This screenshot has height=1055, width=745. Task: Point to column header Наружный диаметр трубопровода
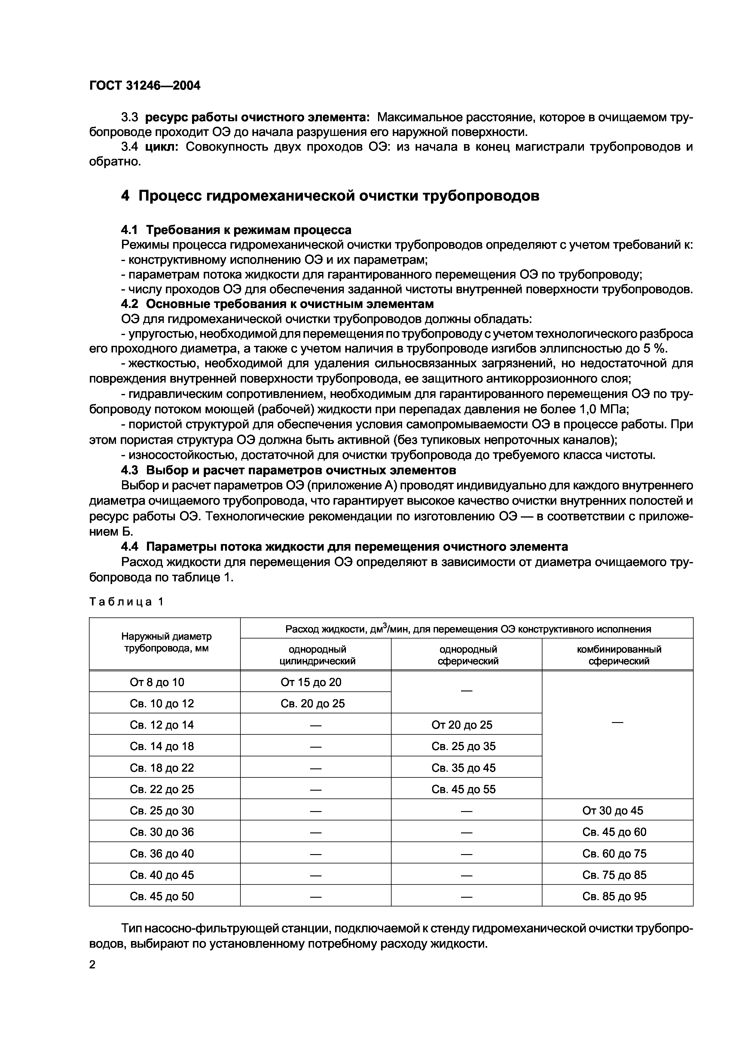(166, 642)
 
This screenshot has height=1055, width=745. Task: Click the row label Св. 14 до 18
(162, 746)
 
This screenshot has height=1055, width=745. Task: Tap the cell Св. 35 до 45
(463, 768)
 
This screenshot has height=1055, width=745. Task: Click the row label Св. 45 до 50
(162, 896)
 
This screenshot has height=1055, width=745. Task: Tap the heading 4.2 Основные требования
(277, 304)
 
